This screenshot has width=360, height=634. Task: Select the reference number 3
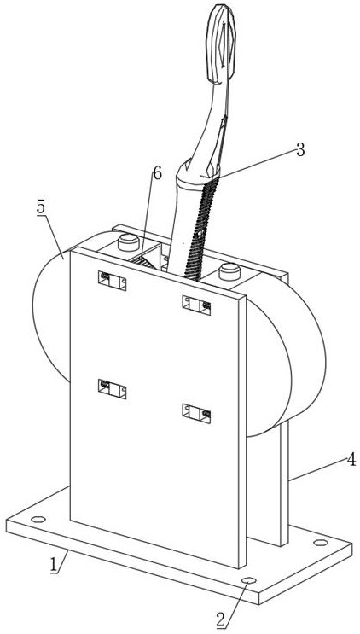coord(299,150)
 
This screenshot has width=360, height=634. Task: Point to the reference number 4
coord(351,460)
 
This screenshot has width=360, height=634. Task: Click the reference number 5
coord(41,207)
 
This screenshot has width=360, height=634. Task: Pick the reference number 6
coord(157,173)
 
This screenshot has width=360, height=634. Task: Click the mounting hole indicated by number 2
coord(249,580)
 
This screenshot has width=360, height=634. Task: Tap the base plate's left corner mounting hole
coord(38,519)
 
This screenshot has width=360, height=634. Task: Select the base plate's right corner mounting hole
coord(321,542)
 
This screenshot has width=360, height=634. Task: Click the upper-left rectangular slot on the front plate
coord(112,281)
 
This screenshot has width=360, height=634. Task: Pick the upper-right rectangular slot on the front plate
coord(196,305)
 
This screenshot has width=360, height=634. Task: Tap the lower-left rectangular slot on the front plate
coord(112,389)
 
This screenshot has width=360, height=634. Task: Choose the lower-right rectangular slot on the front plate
coord(196,413)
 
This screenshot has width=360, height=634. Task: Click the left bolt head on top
coord(129,242)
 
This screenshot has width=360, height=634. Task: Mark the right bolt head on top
coord(229,271)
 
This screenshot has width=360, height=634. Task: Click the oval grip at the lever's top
coord(221,44)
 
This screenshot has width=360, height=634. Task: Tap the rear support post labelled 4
coord(284,481)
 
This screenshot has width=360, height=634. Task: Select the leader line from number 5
coord(54,235)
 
